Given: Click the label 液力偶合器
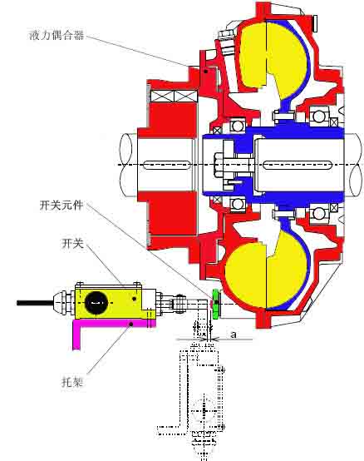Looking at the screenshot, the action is pos(57,35).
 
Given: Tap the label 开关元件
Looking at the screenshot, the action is pos(61,205).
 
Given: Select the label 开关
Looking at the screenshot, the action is pos(72,243).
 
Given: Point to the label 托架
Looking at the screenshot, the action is pos(72,382).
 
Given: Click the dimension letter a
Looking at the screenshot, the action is pos(233,335).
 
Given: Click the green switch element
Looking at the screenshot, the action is pos(216,304).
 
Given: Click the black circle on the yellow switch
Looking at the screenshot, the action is pos(96,303).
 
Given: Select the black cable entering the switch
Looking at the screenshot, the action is pos(35,303).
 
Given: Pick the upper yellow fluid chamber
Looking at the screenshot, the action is pos(272,57).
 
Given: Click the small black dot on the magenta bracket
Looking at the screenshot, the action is pos(131,324).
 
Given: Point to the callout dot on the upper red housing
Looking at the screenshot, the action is pos(206,71).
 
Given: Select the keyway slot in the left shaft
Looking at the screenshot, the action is pos(166,165).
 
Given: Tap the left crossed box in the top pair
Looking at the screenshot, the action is pos(162,97).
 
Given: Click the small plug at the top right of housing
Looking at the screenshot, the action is pos(315,23).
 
